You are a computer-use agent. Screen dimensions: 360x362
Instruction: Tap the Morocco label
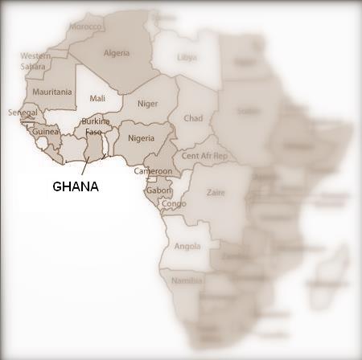pos(85,27)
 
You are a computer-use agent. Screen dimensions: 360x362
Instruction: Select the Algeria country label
pos(117,53)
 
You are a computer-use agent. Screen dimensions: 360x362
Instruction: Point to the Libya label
pos(187,57)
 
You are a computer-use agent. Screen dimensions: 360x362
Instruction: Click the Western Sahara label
pos(35,60)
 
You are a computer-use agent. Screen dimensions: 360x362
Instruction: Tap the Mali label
pos(97,98)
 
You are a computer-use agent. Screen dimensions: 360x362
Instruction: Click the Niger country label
pos(147,103)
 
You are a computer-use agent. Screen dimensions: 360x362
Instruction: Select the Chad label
pos(193,118)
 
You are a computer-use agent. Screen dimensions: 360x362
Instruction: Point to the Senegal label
pos(23,112)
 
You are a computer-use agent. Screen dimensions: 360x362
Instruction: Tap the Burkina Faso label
pos(93,125)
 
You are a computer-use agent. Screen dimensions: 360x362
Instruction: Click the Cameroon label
pos(153,171)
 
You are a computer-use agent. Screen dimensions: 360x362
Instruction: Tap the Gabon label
pos(158,190)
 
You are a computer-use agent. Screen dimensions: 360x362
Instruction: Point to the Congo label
pos(174,203)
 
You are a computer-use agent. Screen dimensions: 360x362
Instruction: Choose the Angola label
pos(187,247)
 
